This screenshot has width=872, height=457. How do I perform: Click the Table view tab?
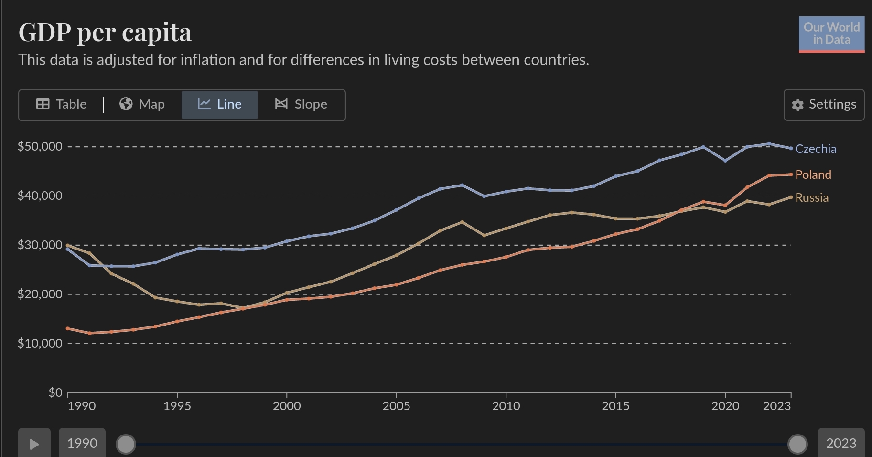pos(62,104)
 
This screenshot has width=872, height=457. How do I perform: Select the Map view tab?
pos(142,104)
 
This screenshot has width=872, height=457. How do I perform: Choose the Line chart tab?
pos(220,104)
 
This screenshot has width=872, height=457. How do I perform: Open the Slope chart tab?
pos(301,104)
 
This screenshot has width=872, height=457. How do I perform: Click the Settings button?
pos(824,105)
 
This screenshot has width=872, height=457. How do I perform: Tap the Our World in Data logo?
pos(831,34)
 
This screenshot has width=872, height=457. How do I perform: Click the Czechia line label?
pos(816,149)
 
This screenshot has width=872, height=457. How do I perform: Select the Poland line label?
pos(813,174)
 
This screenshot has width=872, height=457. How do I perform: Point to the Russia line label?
pos(812,197)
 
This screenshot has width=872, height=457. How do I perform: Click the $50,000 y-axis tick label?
pos(40,146)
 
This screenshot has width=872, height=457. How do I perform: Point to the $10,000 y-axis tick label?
pos(40,343)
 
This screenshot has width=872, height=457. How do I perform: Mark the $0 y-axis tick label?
pos(55,392)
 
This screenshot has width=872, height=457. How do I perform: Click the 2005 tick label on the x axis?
pos(396,406)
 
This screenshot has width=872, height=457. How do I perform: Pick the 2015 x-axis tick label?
pos(615,406)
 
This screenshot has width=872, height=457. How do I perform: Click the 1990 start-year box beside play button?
pos(82,443)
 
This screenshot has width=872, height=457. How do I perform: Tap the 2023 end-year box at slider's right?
pos(841,443)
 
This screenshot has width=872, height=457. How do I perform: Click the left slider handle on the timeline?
pos(126,444)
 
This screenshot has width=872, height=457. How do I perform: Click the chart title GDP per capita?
pos(105,33)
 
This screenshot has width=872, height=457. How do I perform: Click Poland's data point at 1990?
pos(68,328)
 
